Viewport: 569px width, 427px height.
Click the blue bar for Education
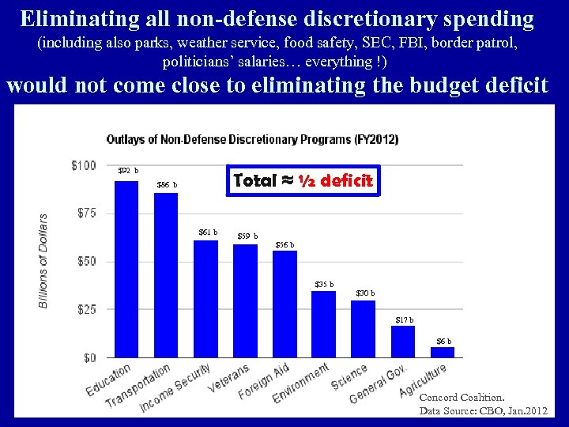(x=126, y=269)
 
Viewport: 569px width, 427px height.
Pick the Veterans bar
(x=245, y=300)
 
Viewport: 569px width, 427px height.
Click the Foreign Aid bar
(x=284, y=304)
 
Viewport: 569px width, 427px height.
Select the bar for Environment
(x=323, y=324)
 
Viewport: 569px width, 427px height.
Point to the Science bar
(x=363, y=329)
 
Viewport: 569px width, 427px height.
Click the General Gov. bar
(x=403, y=342)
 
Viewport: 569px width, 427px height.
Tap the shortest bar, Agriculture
(x=443, y=353)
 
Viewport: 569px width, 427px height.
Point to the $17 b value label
(x=404, y=319)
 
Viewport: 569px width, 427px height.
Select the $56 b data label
(x=284, y=245)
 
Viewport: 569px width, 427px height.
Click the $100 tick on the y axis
(x=83, y=165)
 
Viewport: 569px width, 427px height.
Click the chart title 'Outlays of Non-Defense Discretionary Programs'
(x=252, y=139)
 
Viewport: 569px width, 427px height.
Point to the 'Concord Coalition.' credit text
(x=462, y=398)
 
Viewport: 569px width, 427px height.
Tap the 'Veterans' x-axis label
(x=230, y=380)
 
